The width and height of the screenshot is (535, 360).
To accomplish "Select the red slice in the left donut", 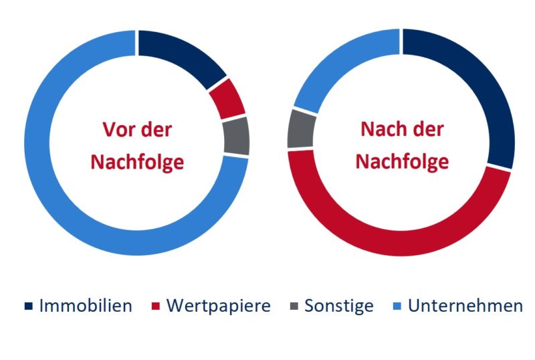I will [x=228, y=98].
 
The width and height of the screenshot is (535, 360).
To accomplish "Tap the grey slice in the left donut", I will [x=237, y=136].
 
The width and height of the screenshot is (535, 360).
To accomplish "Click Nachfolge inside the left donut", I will [x=137, y=162].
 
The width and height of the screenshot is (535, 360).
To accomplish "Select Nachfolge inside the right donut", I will [x=402, y=162].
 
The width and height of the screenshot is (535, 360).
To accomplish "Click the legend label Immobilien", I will [x=86, y=306].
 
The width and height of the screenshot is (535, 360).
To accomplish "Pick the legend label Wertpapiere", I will [x=219, y=306].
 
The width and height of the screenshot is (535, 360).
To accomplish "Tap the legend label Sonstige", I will [x=339, y=306].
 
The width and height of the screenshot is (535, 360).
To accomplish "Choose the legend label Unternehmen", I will [x=465, y=306].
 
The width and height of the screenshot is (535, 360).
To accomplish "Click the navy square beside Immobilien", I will [x=28, y=307].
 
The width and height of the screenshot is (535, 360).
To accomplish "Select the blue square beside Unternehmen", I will [x=397, y=307].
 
